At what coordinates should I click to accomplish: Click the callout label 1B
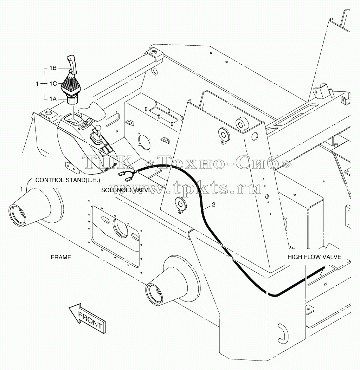(x=53, y=68)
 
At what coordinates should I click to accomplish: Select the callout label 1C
(x=53, y=84)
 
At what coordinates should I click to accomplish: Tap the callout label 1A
(x=53, y=99)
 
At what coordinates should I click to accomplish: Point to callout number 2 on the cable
(x=213, y=205)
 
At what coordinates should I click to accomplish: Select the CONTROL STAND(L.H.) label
(x=67, y=180)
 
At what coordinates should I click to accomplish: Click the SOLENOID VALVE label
(x=126, y=190)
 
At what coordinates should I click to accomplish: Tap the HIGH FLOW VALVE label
(x=314, y=257)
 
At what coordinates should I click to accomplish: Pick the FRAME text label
(x=61, y=257)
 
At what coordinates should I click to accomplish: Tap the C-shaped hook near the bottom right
(x=282, y=333)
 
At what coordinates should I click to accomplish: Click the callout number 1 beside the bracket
(x=37, y=84)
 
